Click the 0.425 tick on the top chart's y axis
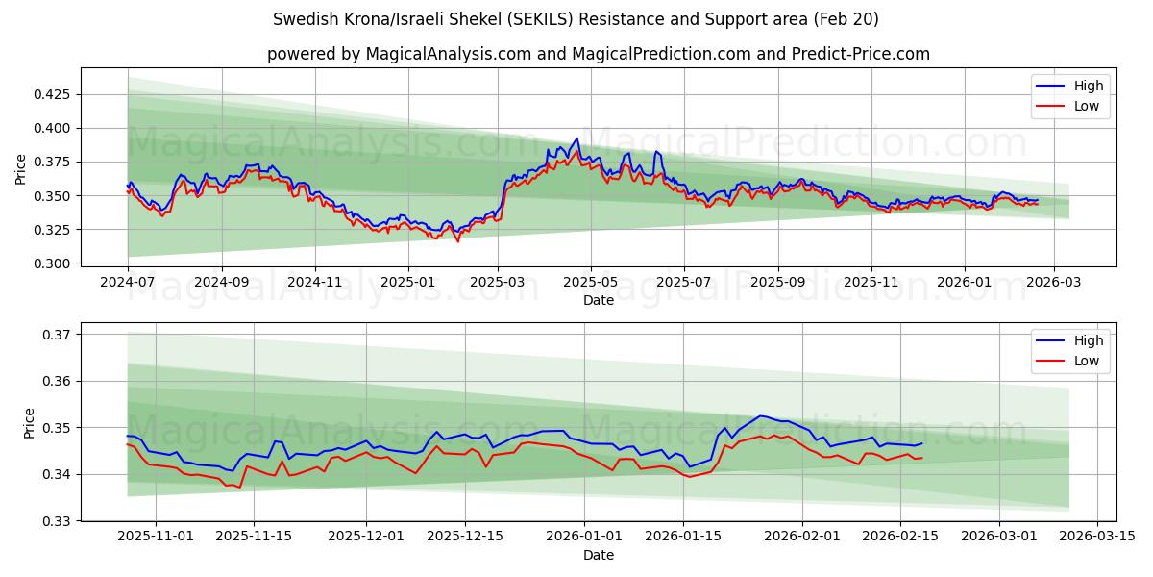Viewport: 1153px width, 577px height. tap(52, 94)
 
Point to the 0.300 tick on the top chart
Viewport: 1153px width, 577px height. tap(52, 263)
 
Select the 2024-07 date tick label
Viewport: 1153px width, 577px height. tap(128, 283)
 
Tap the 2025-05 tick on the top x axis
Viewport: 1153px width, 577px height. tap(590, 283)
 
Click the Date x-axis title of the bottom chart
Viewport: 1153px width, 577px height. tap(598, 555)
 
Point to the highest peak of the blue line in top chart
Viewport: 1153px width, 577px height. tap(576, 138)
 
